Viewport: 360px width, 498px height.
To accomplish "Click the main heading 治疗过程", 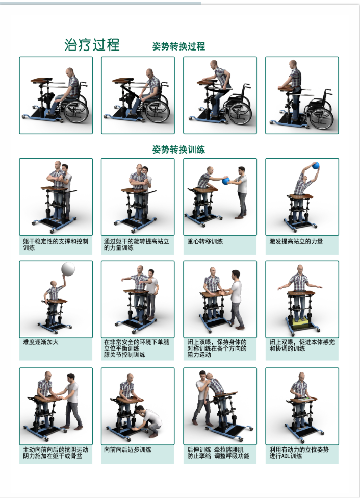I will [x=92, y=45].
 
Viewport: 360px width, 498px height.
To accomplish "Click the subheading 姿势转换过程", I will [x=178, y=46].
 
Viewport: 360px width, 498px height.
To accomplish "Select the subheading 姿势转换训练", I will [x=178, y=150].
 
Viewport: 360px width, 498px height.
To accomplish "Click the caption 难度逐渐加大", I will [x=41, y=342].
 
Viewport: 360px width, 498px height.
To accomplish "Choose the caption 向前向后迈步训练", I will [x=127, y=450].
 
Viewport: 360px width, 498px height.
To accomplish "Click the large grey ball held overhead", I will [x=68, y=269].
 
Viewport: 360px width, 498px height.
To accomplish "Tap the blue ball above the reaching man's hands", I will [x=316, y=165].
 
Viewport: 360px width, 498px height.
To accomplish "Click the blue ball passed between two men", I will [x=225, y=181].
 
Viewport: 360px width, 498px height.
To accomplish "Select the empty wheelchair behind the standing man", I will [x=321, y=112].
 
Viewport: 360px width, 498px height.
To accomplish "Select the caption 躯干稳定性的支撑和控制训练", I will [x=55, y=244].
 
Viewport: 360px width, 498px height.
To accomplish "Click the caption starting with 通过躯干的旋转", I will [x=136, y=244].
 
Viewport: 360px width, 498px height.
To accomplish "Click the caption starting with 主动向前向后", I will [x=55, y=453].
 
